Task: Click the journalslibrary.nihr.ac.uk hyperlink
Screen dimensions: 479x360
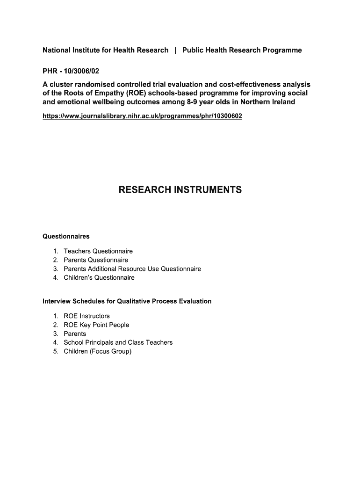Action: [143, 116]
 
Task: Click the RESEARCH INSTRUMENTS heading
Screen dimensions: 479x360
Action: [180, 189]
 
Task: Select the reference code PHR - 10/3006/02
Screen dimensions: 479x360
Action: [71, 72]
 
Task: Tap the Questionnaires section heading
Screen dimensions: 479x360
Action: [66, 236]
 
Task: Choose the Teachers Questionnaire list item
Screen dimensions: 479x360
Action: [98, 251]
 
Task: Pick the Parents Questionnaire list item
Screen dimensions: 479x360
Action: [96, 260]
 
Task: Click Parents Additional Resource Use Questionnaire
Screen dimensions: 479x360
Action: [132, 269]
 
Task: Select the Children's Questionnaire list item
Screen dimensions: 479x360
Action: [99, 278]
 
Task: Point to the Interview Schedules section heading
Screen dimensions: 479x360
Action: [127, 301]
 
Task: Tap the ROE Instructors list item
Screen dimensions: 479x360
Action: [86, 316]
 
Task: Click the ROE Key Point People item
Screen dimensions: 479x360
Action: [96, 325]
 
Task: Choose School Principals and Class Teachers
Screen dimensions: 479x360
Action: [118, 342]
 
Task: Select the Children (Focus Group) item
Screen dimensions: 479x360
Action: [98, 351]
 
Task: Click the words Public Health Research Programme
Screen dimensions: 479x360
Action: [242, 50]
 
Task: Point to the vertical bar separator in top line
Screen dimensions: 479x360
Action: [175, 50]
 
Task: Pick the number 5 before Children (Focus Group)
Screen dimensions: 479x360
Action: [55, 351]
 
